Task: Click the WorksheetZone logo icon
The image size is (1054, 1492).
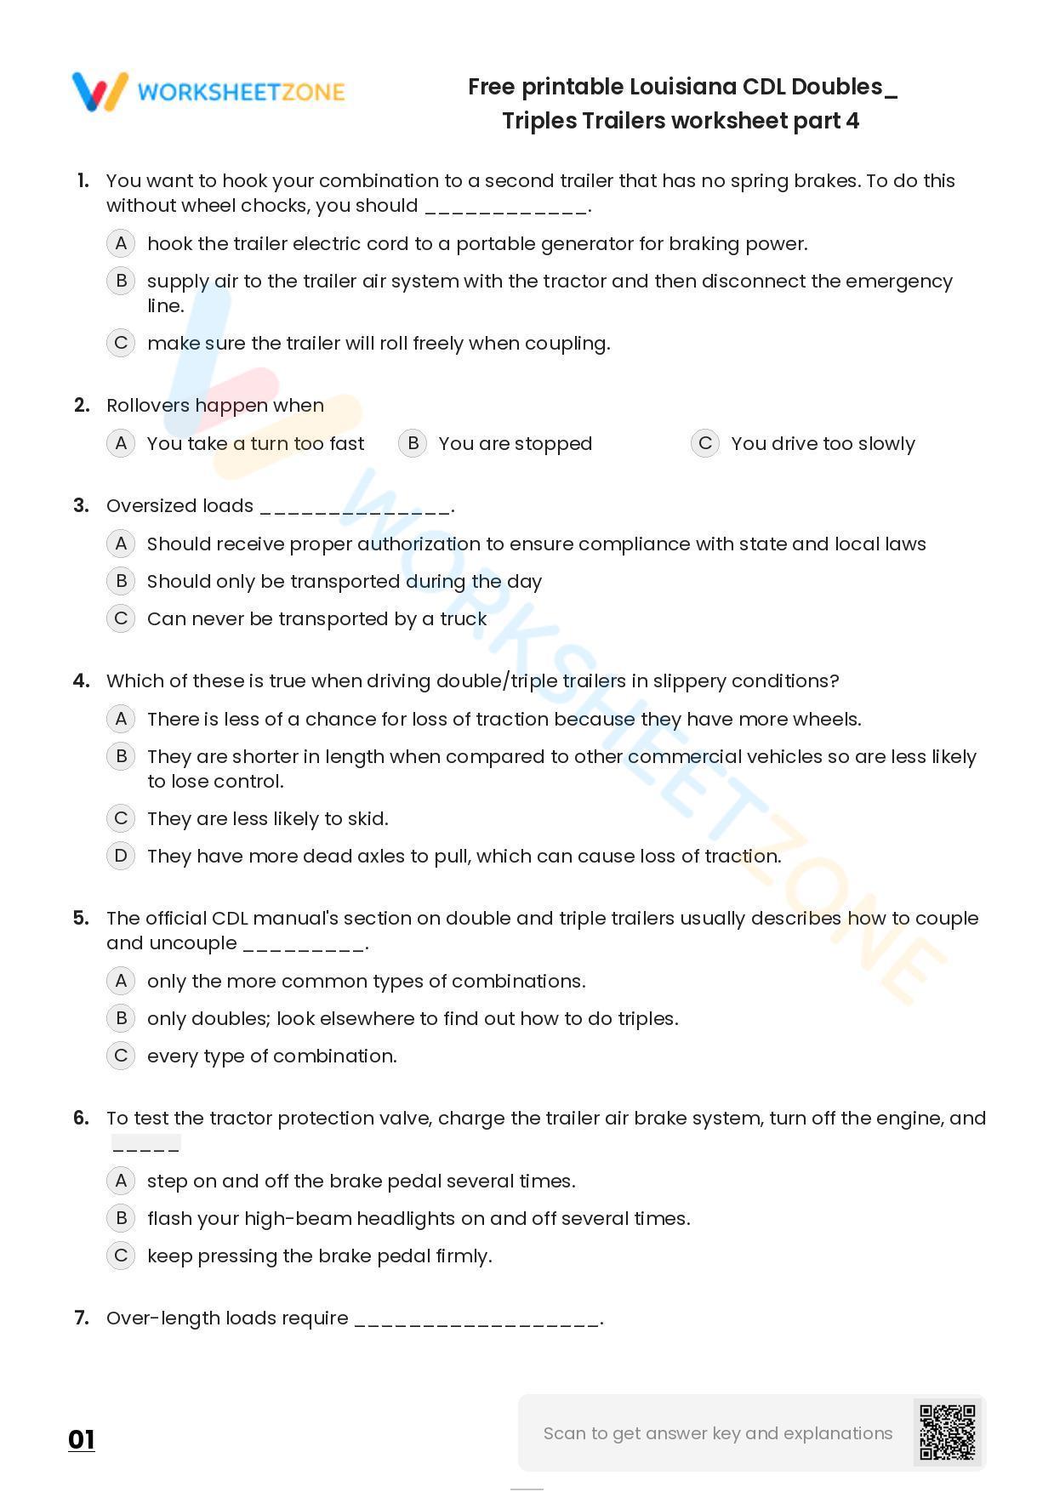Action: click(100, 91)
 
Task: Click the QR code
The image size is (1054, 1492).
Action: click(947, 1432)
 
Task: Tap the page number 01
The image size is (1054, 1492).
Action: click(82, 1439)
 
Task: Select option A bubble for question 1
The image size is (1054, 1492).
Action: click(121, 243)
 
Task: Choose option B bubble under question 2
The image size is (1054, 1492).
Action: click(413, 443)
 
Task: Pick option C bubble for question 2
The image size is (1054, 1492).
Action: click(705, 443)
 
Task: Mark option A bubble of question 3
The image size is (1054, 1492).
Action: click(121, 544)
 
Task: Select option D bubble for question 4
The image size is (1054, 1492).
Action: click(121, 856)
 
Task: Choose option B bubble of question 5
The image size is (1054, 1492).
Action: click(121, 1018)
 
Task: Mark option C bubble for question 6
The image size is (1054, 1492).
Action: click(121, 1256)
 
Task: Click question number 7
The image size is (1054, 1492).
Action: click(82, 1318)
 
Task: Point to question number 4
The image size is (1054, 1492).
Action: click(82, 681)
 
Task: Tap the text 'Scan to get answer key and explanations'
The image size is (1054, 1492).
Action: click(718, 1433)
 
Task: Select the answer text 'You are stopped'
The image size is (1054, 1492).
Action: click(515, 444)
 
